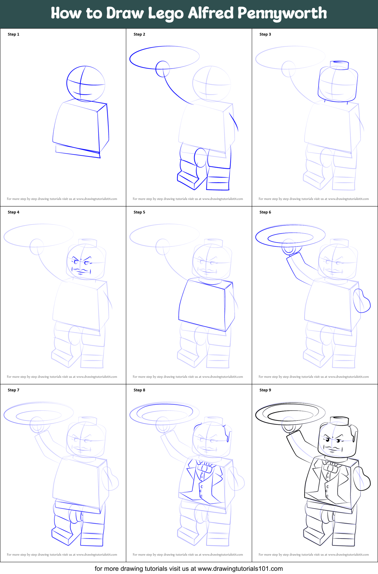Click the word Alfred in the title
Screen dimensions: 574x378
[x=211, y=13]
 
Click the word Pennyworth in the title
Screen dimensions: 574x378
[x=282, y=14]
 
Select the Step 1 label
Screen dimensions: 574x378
[x=14, y=34]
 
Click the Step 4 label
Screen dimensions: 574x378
[x=14, y=212]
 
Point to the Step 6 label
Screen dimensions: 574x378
[x=265, y=212]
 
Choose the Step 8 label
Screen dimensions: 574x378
[x=139, y=390]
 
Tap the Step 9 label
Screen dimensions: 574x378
[x=265, y=390]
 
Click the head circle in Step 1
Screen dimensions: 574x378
[x=86, y=84]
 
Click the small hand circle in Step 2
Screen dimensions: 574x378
[x=163, y=68]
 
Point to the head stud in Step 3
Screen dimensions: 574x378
[x=339, y=65]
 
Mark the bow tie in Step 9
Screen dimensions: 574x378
[x=330, y=466]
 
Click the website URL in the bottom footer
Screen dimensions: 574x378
[x=240, y=568]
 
